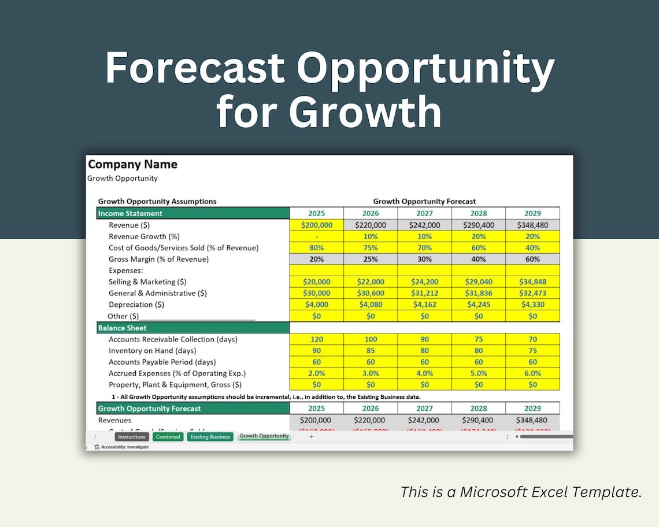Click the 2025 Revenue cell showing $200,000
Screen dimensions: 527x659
click(316, 225)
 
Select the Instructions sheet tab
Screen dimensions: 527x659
click(132, 437)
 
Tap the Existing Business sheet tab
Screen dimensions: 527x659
click(210, 437)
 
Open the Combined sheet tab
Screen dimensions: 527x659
click(168, 437)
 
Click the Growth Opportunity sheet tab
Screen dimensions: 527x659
click(264, 436)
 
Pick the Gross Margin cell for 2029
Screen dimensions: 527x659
click(532, 259)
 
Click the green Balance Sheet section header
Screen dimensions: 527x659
click(193, 328)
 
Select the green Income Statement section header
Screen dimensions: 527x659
click(193, 213)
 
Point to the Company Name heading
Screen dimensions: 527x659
click(132, 165)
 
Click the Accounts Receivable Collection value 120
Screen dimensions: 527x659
click(316, 339)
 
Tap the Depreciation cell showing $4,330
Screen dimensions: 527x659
click(532, 305)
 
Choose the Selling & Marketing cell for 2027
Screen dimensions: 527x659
click(424, 282)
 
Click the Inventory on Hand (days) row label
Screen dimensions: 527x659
click(152, 351)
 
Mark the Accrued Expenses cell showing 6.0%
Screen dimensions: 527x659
click(532, 373)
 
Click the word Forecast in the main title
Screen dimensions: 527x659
click(194, 68)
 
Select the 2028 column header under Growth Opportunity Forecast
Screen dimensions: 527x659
click(479, 213)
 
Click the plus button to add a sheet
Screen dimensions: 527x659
click(311, 437)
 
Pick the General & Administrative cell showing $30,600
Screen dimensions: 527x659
click(371, 294)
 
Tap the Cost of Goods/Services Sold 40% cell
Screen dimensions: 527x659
click(532, 248)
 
